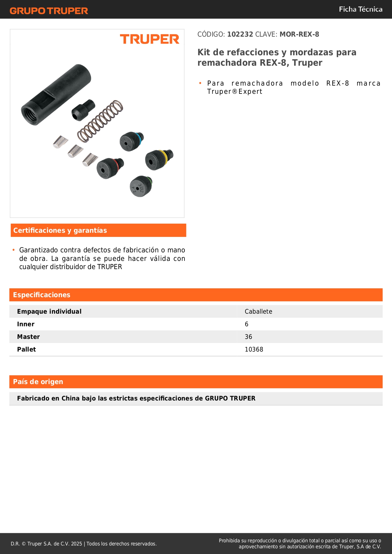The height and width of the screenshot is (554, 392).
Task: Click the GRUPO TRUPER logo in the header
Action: click(49, 11)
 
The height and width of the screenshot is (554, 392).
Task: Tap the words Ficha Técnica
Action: click(360, 9)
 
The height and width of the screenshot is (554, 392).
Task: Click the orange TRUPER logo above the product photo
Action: click(149, 39)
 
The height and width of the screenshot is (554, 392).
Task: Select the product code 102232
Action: click(240, 34)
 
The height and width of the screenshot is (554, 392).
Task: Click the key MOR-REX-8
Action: click(299, 34)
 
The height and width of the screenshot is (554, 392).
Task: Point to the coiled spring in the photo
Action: click(100, 121)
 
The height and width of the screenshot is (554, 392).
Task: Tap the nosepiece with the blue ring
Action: click(131, 142)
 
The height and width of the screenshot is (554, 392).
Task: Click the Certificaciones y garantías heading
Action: click(60, 231)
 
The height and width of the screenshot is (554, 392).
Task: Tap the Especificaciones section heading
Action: click(42, 295)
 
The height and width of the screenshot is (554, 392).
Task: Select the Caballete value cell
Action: click(258, 311)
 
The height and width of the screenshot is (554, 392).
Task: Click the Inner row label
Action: click(26, 324)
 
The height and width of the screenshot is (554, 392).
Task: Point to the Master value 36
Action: click(248, 337)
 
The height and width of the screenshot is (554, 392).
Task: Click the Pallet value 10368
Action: click(254, 349)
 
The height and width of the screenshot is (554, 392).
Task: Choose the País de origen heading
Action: click(38, 382)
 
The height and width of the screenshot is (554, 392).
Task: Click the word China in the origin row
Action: click(71, 398)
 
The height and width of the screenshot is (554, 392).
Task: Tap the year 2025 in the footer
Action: click(76, 544)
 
